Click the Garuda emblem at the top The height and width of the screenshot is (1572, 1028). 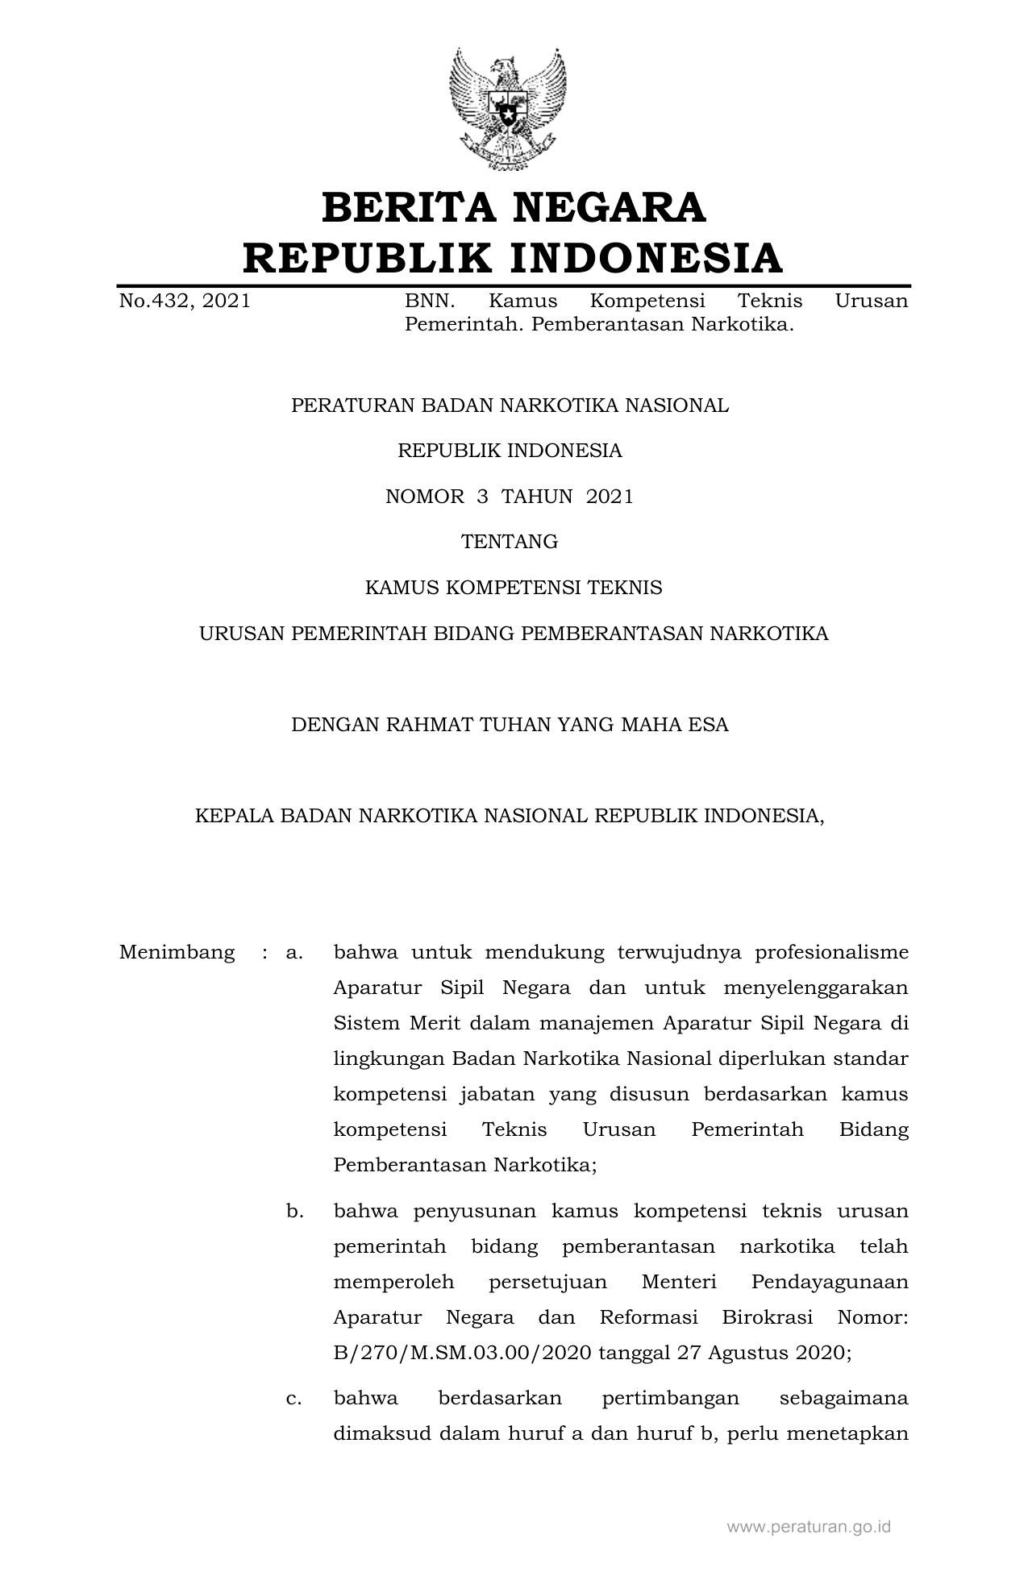pyautogui.click(x=507, y=108)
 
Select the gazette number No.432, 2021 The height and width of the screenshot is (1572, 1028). pyautogui.click(x=185, y=302)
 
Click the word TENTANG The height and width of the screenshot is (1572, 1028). pyautogui.click(x=510, y=542)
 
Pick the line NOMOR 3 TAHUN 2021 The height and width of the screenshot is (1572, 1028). pyautogui.click(x=510, y=497)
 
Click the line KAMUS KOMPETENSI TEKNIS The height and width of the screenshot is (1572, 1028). pyautogui.click(x=514, y=588)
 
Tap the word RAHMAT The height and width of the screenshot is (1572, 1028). pyautogui.click(x=428, y=725)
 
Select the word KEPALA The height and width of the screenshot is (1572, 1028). pyautogui.click(x=234, y=816)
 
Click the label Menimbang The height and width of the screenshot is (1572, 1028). pyautogui.click(x=177, y=952)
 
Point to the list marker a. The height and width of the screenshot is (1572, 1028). pyautogui.click(x=294, y=952)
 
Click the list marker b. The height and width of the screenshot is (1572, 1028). pyautogui.click(x=294, y=1211)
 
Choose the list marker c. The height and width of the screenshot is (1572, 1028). pyautogui.click(x=294, y=1398)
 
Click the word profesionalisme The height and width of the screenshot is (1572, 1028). pyautogui.click(x=831, y=952)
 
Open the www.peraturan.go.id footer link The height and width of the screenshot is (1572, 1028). pyautogui.click(x=809, y=1526)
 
